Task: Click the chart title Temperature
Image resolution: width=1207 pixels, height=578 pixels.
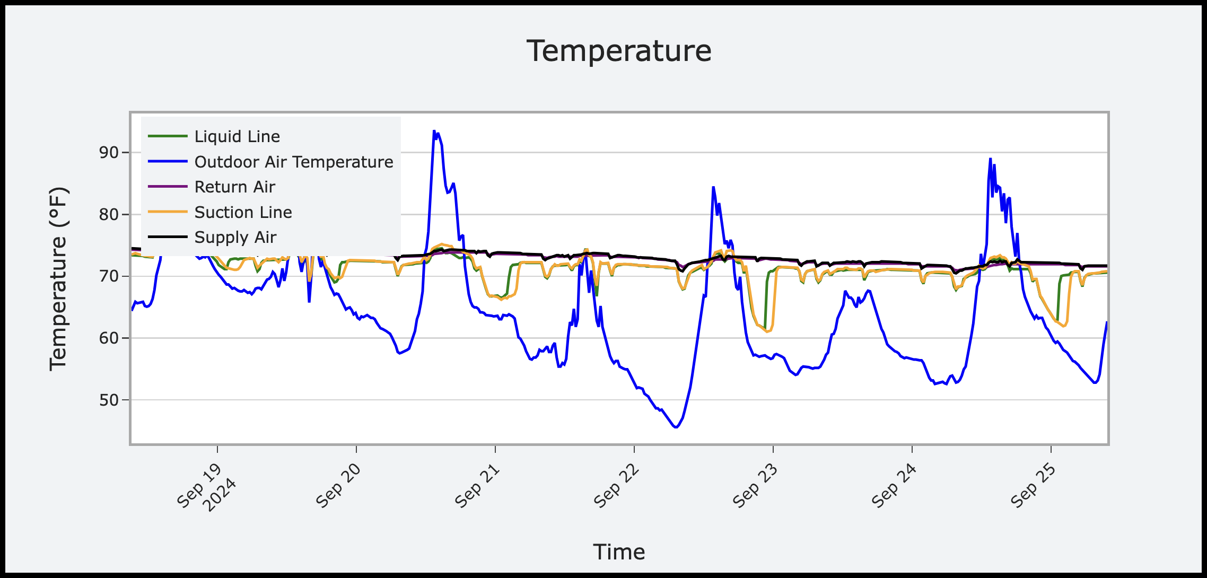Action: [619, 51]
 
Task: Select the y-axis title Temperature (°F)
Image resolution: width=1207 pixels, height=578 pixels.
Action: [59, 279]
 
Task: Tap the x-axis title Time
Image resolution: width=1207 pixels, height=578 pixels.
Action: [619, 552]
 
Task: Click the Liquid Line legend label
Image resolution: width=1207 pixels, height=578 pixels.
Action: [237, 137]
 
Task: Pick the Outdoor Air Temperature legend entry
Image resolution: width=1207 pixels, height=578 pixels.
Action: [294, 162]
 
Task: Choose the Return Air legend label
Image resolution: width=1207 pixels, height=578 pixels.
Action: [234, 187]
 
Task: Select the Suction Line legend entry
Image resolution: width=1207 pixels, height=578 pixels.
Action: [243, 213]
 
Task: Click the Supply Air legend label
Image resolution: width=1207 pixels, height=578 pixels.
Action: [235, 238]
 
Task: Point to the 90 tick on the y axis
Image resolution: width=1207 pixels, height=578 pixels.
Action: [109, 153]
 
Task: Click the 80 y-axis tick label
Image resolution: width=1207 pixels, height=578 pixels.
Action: [109, 215]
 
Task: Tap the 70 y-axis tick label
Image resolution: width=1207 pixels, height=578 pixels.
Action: [109, 276]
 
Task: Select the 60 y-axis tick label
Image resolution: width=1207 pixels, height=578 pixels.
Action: [109, 338]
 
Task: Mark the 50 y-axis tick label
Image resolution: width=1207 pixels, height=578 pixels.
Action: [109, 400]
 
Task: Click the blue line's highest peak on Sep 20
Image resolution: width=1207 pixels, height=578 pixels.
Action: [434, 131]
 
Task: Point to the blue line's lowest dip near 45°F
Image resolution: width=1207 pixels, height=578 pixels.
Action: [676, 427]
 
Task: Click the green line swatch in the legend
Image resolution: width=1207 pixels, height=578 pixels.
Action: [168, 137]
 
